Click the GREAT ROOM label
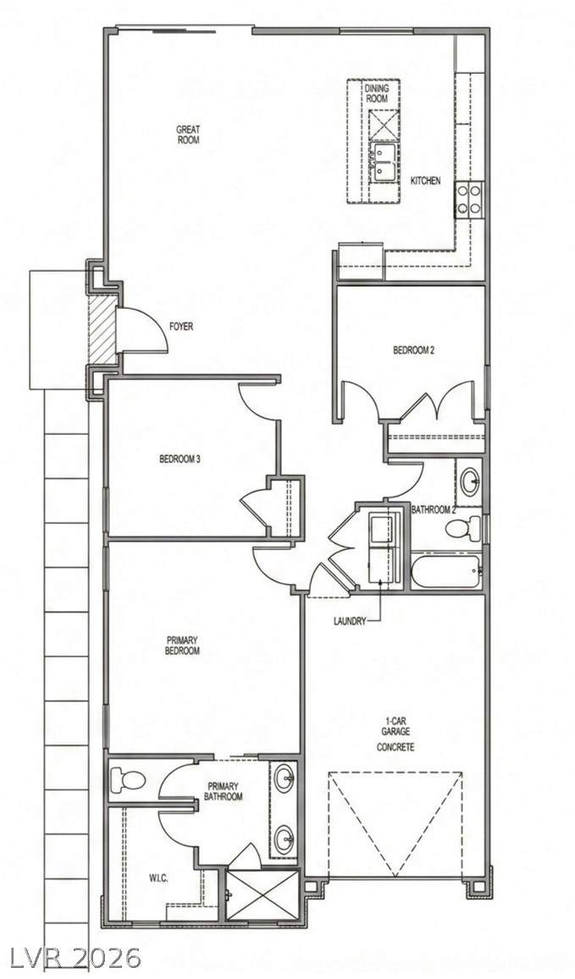click(187, 135)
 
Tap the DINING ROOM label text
click(376, 94)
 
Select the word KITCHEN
click(425, 180)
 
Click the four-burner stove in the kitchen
click(469, 199)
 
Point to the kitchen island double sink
click(381, 162)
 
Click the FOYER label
click(181, 327)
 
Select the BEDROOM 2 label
click(413, 350)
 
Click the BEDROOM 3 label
click(180, 459)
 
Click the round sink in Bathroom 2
click(469, 481)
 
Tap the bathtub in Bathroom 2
click(446, 570)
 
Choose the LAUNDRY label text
click(350, 621)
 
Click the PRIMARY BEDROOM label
click(183, 646)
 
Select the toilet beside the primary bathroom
click(128, 780)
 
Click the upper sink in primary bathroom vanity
click(285, 778)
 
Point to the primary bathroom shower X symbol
click(263, 894)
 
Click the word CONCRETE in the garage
click(395, 747)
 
